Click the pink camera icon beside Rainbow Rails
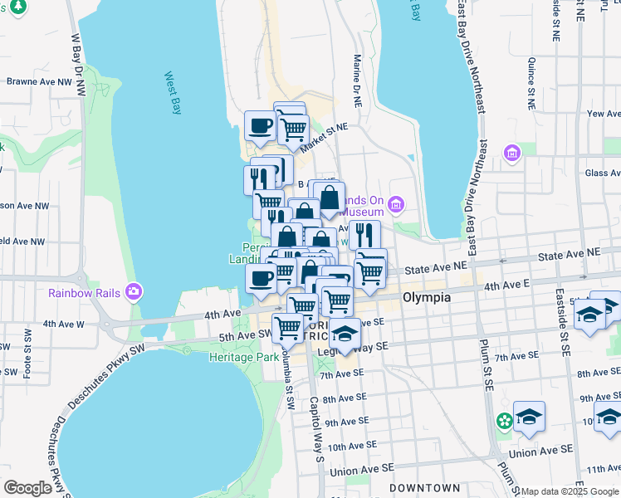[x=133, y=291]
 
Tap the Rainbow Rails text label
[x=84, y=292]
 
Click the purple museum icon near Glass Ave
[x=511, y=154]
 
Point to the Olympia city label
[x=427, y=297]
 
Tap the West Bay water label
[x=173, y=93]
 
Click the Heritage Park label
[x=240, y=356]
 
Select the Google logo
[x=27, y=488]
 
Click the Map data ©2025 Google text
[x=570, y=491]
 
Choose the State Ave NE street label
[x=437, y=266]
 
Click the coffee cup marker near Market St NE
[x=261, y=127]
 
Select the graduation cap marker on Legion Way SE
[x=345, y=334]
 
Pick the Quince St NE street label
[x=531, y=84]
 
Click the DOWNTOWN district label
[x=425, y=487]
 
